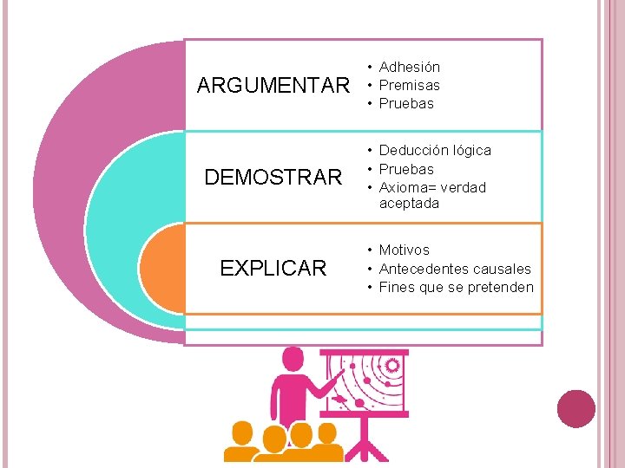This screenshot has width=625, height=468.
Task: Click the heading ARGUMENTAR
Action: click(x=273, y=86)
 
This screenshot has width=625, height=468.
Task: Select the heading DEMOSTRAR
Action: click(x=273, y=178)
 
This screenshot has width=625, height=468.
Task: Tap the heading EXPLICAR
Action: click(x=273, y=269)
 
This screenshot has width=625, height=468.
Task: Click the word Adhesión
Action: click(x=409, y=67)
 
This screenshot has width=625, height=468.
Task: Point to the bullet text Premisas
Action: click(x=409, y=85)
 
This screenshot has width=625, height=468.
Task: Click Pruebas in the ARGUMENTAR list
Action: click(x=406, y=103)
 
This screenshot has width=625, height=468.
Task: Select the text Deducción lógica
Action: click(x=435, y=150)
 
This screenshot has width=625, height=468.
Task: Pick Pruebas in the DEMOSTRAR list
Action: click(x=406, y=169)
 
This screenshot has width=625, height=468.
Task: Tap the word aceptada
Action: click(x=409, y=204)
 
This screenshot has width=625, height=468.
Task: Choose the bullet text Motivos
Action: click(x=404, y=250)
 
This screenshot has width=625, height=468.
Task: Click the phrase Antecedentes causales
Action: click(x=455, y=269)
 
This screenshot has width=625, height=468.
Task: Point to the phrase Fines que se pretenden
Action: click(x=457, y=287)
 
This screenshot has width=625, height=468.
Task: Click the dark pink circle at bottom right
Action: click(x=576, y=408)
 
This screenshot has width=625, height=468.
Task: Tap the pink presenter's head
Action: click(x=293, y=360)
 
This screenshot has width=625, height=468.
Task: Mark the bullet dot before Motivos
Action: click(x=370, y=250)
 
